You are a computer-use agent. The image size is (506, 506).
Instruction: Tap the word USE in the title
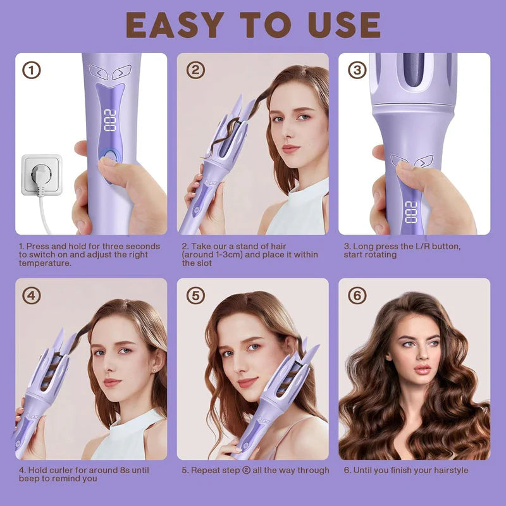344,25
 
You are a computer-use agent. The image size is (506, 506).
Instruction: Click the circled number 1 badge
32,70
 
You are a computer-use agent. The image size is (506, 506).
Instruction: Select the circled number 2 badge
195,70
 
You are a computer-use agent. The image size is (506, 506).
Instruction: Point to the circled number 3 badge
357,70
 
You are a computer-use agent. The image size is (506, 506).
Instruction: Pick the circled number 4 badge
32,295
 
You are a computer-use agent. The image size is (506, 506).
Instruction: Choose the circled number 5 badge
195,295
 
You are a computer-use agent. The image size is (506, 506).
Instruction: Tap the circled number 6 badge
357,295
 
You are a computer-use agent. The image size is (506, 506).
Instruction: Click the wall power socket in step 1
42,175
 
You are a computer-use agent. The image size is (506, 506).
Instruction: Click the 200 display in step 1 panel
109,120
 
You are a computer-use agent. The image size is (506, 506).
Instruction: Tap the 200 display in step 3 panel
411,213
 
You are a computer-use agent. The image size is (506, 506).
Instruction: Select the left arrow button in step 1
99,72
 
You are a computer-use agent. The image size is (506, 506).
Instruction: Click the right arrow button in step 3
423,163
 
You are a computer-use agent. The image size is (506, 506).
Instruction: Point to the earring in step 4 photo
154,370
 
